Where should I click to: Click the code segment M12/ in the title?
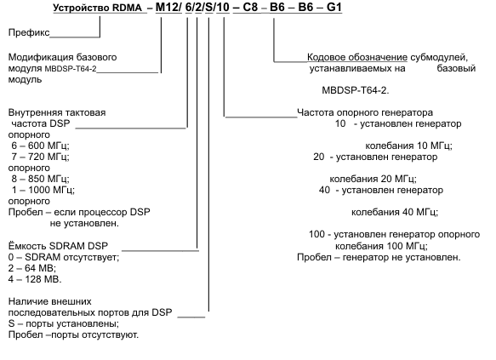168,7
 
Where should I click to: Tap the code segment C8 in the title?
250,7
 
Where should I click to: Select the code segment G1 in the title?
334,7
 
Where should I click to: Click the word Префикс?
29,32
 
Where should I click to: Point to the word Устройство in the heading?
76,8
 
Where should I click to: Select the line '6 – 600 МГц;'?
40,146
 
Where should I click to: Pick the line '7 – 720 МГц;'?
40,157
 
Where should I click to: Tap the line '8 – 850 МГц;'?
40,179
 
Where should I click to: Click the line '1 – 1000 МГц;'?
43,190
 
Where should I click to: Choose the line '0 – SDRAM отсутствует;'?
64,257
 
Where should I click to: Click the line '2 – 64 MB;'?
32,268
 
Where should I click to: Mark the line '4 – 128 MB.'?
35,279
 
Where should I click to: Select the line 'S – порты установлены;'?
64,323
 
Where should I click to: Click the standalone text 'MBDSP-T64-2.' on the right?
356,90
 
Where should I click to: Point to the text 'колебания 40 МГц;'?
395,212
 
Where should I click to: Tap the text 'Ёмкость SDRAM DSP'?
58,246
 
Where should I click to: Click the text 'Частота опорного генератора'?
365,112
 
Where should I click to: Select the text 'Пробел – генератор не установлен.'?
379,257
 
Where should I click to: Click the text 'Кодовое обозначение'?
357,57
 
